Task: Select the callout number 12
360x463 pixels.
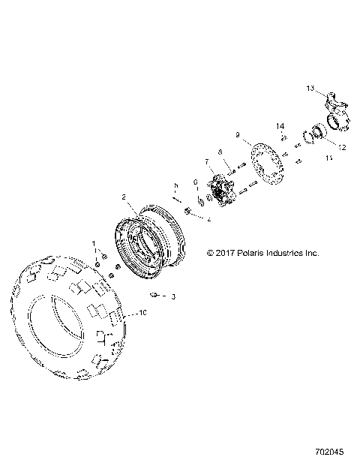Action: pos(341,148)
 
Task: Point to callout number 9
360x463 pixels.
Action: pos(238,136)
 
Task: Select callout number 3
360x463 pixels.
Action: pos(174,297)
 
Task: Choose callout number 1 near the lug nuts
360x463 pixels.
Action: pos(94,244)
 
